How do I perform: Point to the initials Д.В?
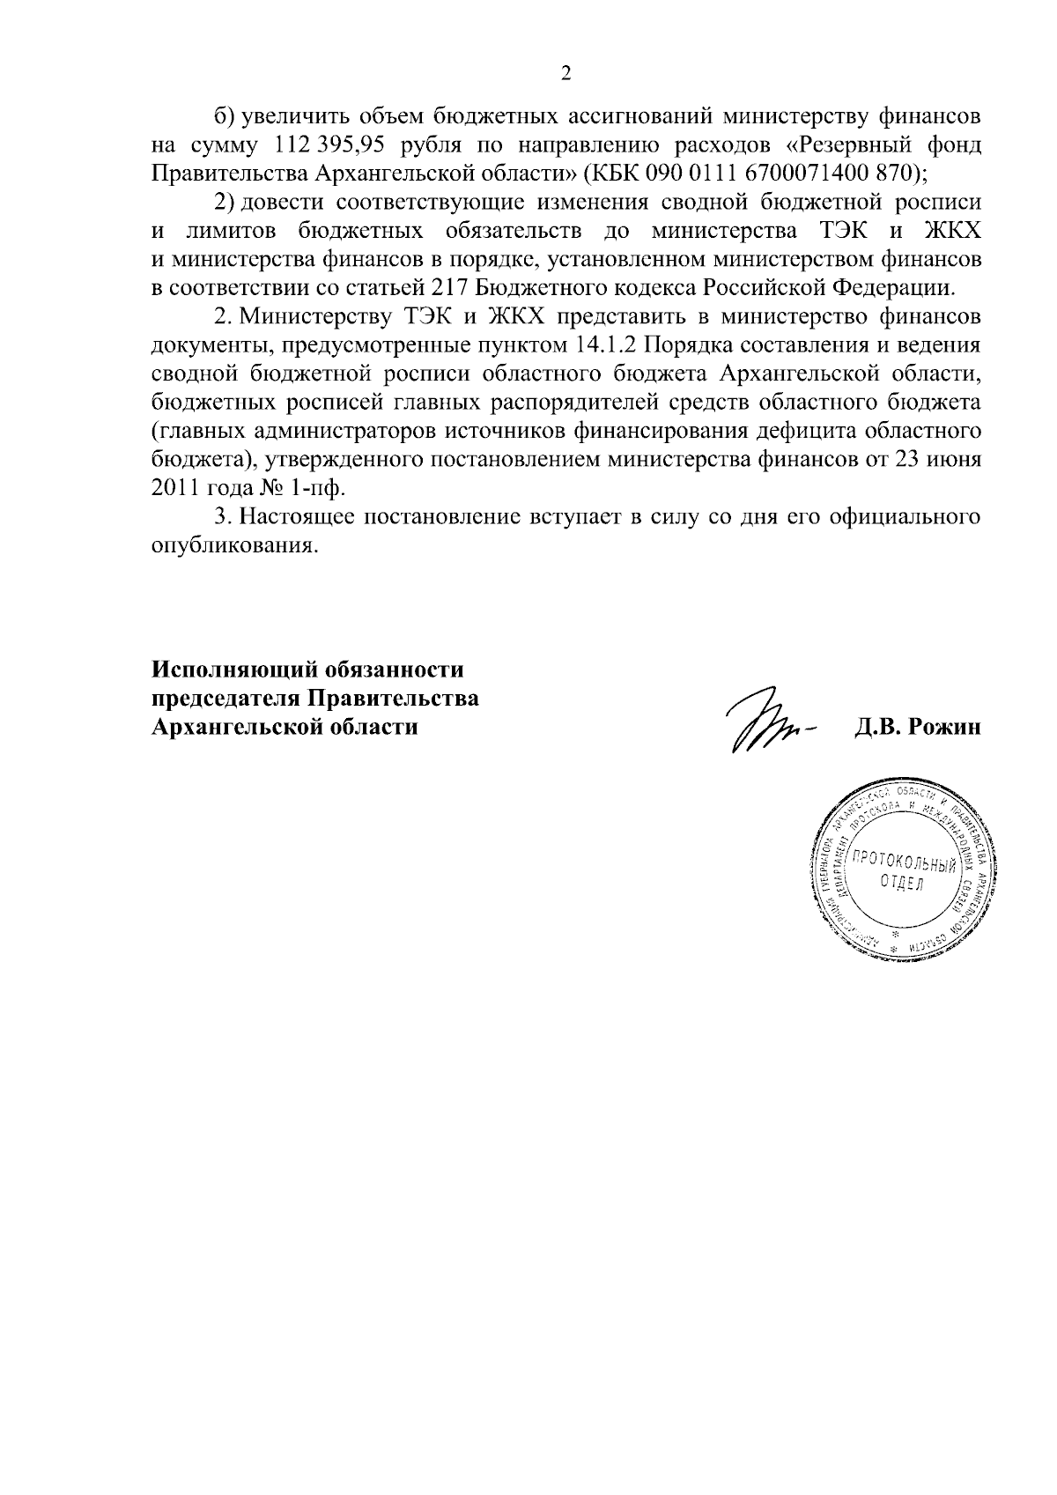876,727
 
